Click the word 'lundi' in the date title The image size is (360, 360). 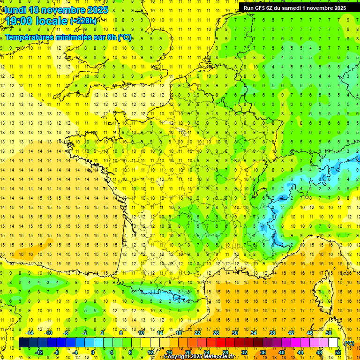[x=15, y=10]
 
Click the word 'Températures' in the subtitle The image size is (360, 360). [x=29, y=37]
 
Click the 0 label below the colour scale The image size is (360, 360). [x=93, y=352]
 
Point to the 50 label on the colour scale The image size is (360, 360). [x=328, y=333]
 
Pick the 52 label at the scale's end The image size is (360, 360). [x=337, y=352]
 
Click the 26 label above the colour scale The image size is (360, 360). [x=216, y=333]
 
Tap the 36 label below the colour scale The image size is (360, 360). [x=262, y=352]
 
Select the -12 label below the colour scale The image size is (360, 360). [x=39, y=352]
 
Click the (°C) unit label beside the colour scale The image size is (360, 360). [x=349, y=343]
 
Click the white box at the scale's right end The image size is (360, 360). [x=333, y=343]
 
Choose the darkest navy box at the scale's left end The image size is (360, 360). [x=23, y=343]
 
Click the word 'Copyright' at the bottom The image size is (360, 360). [x=176, y=357]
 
